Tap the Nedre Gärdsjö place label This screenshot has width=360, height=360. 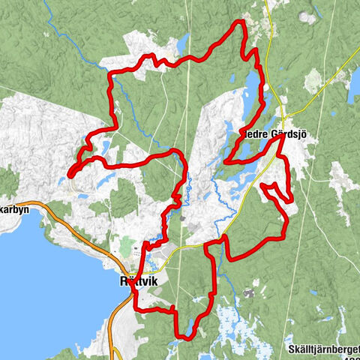(x=277, y=133)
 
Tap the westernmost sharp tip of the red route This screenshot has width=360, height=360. (x=70, y=175)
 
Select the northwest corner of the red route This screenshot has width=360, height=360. (x=110, y=73)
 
